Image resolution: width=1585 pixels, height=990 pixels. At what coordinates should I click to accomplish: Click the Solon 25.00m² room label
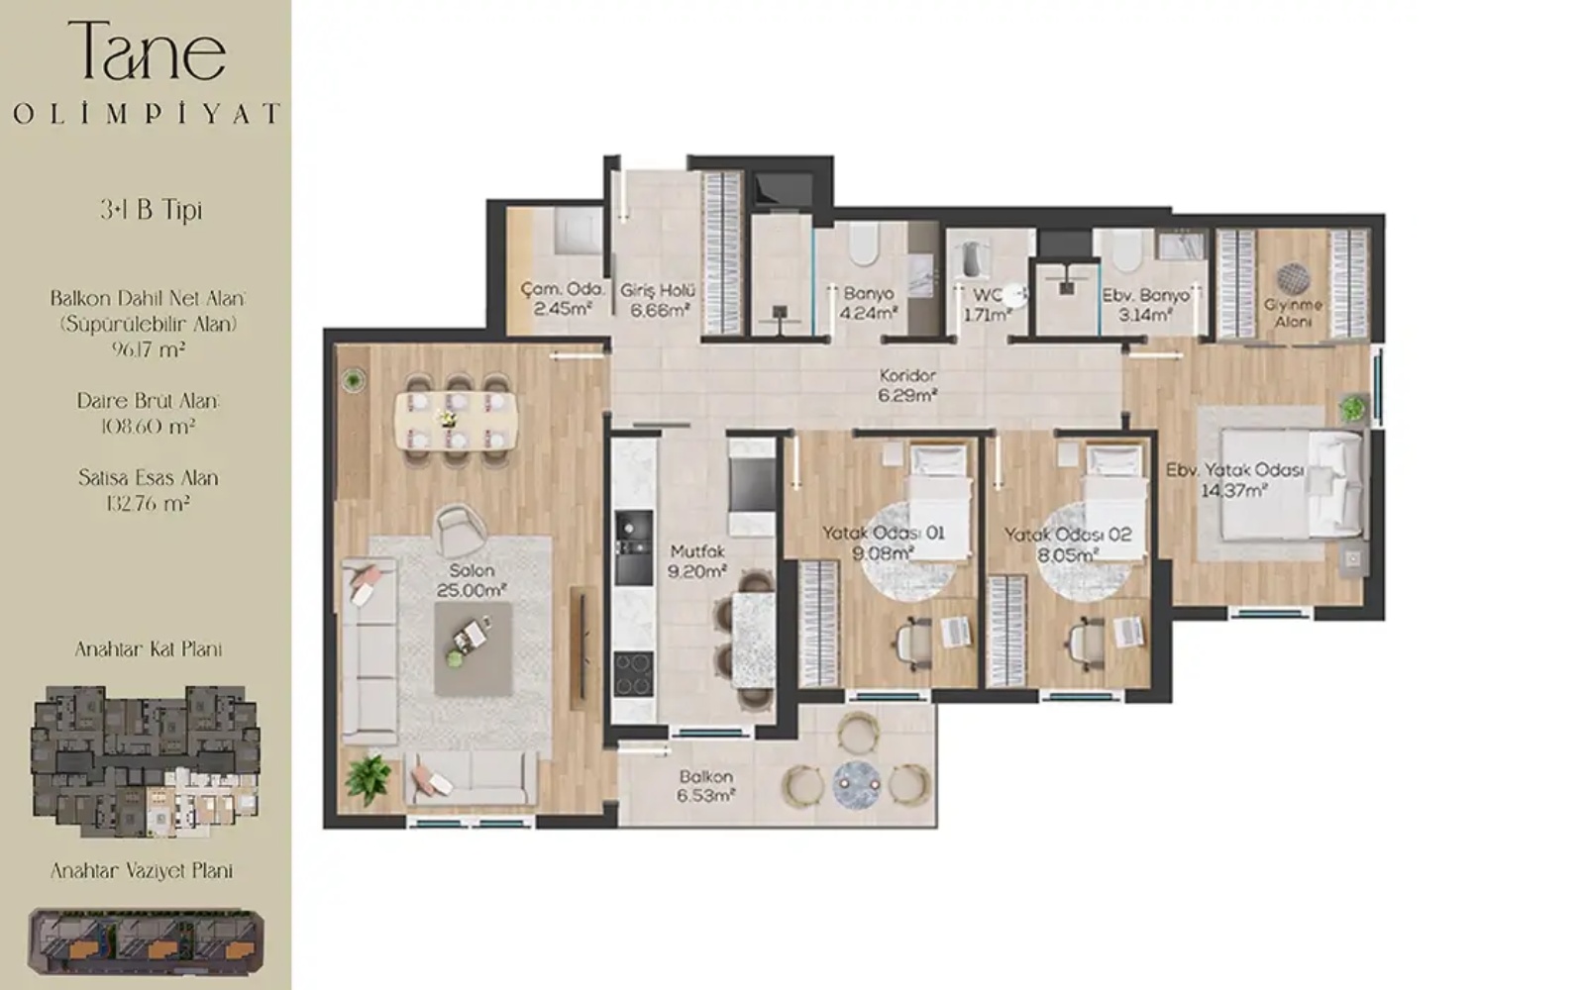(x=472, y=580)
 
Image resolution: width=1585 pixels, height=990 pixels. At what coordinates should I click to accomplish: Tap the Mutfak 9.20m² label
(x=697, y=561)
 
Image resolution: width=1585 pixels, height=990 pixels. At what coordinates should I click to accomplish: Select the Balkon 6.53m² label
(x=706, y=786)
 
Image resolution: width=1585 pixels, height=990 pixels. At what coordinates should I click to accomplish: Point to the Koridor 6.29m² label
(x=907, y=385)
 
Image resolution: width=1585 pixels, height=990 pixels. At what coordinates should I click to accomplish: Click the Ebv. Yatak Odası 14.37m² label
(x=1234, y=480)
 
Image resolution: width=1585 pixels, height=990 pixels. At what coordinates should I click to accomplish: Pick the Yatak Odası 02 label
(x=1068, y=536)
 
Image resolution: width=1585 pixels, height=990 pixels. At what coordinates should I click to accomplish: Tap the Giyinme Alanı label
(x=1294, y=313)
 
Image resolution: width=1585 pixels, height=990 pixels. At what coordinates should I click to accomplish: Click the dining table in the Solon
(x=457, y=420)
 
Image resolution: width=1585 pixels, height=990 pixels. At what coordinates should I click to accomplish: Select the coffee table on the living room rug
(x=474, y=648)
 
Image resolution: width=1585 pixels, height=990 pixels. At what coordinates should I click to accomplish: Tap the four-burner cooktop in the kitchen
(x=633, y=674)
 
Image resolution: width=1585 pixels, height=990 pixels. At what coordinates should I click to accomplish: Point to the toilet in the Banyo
(x=863, y=245)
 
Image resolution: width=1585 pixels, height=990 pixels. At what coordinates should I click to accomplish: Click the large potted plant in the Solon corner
(x=368, y=780)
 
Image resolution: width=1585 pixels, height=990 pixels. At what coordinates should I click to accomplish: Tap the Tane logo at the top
(x=148, y=49)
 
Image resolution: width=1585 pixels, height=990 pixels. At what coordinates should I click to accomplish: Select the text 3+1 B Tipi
(x=152, y=210)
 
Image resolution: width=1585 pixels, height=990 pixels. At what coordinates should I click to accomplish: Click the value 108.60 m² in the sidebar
(x=148, y=427)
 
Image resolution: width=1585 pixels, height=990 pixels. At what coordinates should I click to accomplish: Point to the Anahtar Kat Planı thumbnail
(x=146, y=761)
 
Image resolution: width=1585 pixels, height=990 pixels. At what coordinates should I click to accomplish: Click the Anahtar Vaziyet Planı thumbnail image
(x=146, y=941)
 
